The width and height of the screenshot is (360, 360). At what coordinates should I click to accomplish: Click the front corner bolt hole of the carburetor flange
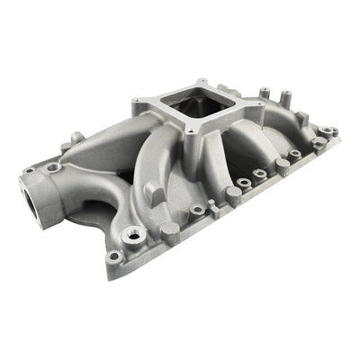point(192,132)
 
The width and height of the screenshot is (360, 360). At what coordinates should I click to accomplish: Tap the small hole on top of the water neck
point(55,166)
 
